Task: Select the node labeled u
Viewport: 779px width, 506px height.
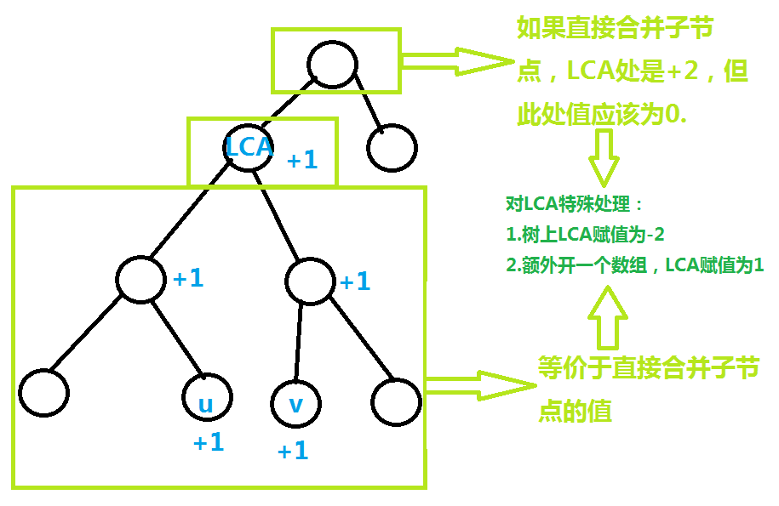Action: click(x=207, y=400)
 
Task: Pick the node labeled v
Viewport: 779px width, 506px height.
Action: click(x=295, y=402)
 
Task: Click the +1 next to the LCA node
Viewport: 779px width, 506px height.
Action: click(x=302, y=160)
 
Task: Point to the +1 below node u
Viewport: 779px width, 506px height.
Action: click(x=209, y=442)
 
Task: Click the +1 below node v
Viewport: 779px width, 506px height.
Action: click(x=293, y=451)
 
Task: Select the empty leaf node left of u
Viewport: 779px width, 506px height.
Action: click(x=43, y=393)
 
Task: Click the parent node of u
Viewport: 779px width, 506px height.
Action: click(x=141, y=278)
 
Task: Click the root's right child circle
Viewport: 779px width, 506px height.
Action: click(x=392, y=149)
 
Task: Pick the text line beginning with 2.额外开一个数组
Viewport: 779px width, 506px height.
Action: click(x=634, y=265)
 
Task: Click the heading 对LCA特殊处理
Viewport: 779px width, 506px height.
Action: click(x=575, y=205)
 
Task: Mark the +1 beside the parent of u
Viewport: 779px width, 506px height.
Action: click(x=188, y=278)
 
